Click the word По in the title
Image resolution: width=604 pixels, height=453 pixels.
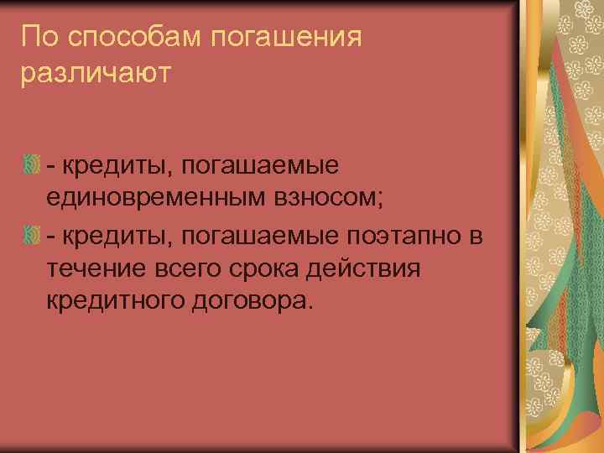[37, 36]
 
